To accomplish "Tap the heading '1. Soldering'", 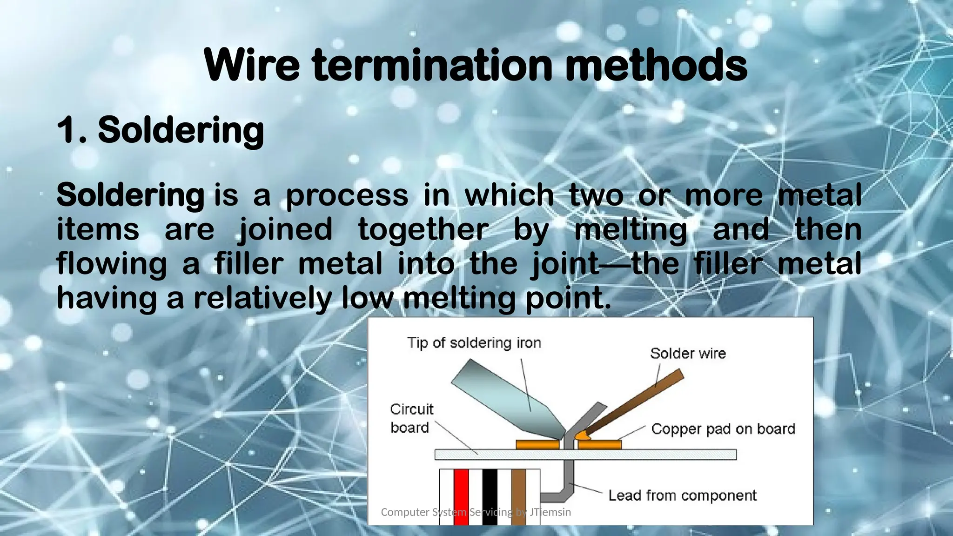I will [161, 130].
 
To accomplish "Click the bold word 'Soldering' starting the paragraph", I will [130, 195].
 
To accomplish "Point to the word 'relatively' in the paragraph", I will [262, 298].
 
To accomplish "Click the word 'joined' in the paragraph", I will [285, 230].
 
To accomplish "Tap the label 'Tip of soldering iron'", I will [474, 343].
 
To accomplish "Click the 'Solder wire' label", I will [688, 354].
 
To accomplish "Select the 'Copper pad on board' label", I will [723, 429].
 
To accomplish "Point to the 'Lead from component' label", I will [682, 496].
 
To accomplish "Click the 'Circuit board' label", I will [411, 418].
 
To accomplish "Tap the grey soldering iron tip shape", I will [507, 400].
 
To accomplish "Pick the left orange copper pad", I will [537, 445].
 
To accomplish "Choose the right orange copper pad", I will [600, 445].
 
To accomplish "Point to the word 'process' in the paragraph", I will [347, 195].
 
